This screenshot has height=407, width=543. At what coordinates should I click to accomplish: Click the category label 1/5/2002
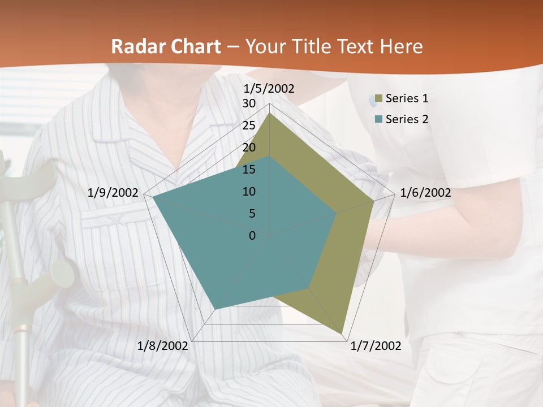pos(269,88)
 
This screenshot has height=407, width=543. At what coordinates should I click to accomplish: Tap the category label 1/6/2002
pos(425,193)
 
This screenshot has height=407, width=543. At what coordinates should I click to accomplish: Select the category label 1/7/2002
pos(376,346)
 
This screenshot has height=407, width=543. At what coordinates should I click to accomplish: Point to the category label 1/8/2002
pos(163,346)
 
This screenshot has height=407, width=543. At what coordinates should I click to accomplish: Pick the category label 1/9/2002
pos(113,193)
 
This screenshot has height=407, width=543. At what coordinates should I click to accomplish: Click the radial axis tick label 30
pos(249,103)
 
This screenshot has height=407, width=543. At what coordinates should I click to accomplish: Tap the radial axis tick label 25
pos(249,125)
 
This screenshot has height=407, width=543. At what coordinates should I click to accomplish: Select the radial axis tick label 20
pos(249,148)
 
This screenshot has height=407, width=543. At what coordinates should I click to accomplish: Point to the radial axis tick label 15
pos(249,170)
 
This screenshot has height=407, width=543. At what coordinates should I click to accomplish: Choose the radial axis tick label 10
pos(249,192)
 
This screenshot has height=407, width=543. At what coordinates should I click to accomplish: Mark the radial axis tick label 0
pos(252,236)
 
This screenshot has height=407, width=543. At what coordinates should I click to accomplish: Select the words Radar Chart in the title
pos(166,46)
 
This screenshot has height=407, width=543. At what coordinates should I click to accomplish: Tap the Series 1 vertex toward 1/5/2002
pos(270,112)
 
